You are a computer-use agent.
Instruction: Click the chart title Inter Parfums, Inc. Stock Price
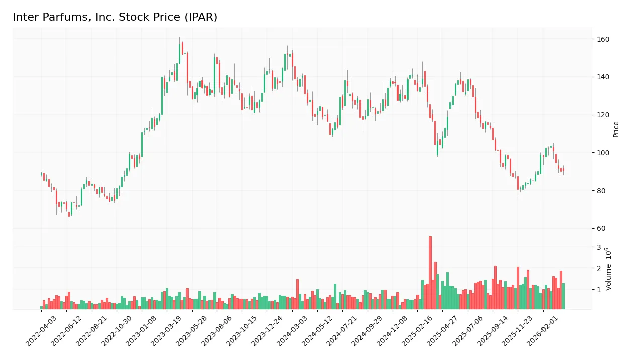[x=115, y=17]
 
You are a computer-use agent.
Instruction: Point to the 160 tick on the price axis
[x=603, y=39]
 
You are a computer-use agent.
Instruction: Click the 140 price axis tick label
[x=603, y=77]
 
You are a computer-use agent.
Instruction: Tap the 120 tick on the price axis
[x=603, y=115]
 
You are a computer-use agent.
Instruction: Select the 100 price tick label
[x=603, y=152]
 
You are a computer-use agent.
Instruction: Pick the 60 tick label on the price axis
[x=601, y=228]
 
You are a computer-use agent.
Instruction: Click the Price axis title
[x=616, y=129]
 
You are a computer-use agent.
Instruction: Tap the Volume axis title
[x=609, y=269]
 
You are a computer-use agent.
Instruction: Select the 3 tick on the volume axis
[x=599, y=247]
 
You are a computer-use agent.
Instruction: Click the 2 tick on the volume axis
[x=599, y=268]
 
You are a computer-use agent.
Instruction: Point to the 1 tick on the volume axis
[x=599, y=290]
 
